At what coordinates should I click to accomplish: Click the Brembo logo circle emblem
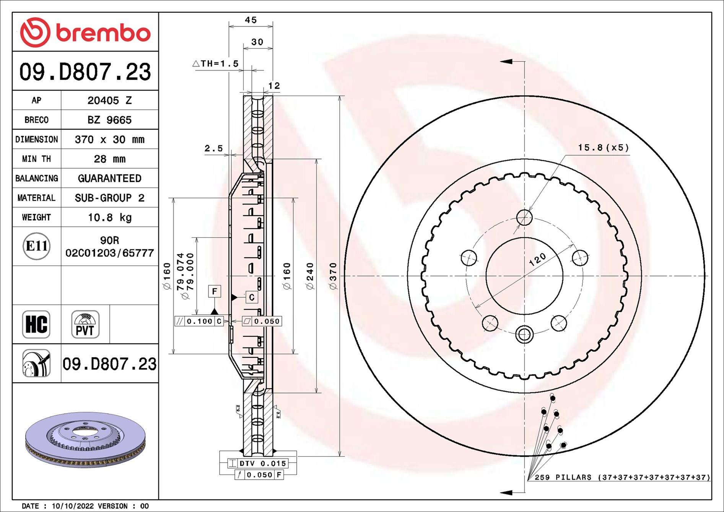(35, 32)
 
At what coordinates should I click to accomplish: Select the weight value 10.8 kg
(110, 217)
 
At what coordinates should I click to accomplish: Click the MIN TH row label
(36, 159)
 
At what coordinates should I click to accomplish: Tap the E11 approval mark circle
(36, 246)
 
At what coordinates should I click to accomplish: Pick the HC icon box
(36, 324)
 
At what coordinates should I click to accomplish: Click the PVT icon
(85, 324)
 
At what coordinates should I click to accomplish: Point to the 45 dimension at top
(251, 20)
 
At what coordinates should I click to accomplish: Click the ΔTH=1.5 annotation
(216, 63)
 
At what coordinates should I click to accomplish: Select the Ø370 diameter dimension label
(333, 276)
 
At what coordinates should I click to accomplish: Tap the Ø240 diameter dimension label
(310, 276)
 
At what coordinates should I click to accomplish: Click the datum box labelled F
(215, 291)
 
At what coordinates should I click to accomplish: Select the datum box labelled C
(251, 297)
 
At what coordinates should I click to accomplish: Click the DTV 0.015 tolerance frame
(262, 463)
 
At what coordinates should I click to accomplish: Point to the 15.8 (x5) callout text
(603, 148)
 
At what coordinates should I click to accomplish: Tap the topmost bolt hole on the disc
(524, 218)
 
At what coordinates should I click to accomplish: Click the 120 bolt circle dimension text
(537, 260)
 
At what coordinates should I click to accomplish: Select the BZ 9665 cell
(110, 120)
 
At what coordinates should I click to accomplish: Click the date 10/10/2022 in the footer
(73, 506)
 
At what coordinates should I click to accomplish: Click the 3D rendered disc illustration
(85, 440)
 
